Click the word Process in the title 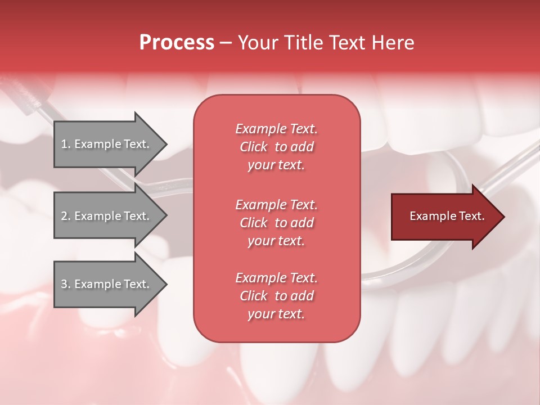coord(177,43)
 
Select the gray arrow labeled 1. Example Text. coord(107,144)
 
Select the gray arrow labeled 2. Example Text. coord(107,216)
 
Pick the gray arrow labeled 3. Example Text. coord(107,284)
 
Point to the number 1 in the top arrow coord(64,144)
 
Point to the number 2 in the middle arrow coord(64,216)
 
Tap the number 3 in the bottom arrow coord(64,284)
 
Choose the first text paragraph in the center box coord(276,147)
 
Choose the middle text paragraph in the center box coord(276,223)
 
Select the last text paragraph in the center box coord(276,296)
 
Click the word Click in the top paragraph coord(254,147)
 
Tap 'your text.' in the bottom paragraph coord(276,314)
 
